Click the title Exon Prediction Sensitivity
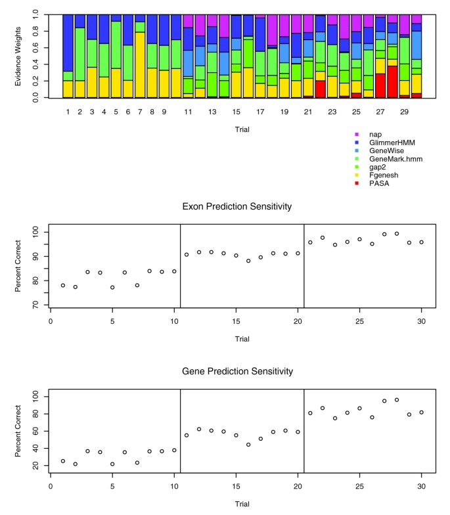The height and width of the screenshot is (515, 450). [236, 206]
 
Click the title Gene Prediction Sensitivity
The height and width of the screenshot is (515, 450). [236, 371]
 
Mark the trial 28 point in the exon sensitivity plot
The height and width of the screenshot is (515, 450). [397, 234]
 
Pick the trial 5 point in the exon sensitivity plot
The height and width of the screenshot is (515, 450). [112, 287]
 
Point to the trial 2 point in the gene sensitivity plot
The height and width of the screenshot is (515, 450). [75, 464]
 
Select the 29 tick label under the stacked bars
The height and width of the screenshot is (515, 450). [405, 112]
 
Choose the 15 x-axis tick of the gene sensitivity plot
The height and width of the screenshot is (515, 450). [236, 487]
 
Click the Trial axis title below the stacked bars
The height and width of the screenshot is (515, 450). [242, 130]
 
